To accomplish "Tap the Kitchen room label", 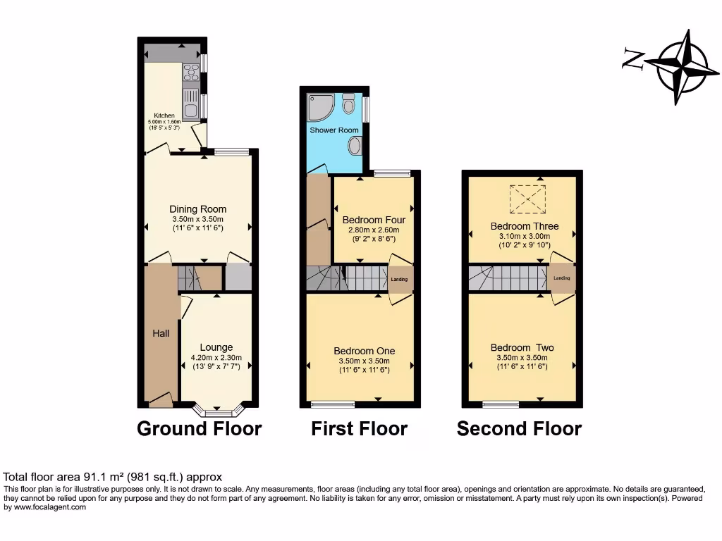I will click(x=164, y=116).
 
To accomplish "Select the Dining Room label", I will click(x=198, y=209).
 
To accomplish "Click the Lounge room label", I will click(x=216, y=347).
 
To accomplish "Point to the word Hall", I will click(x=161, y=333).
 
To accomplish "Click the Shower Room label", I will click(x=334, y=130).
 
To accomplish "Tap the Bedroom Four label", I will click(x=374, y=220).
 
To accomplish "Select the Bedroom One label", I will click(x=364, y=351).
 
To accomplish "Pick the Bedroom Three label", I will click(x=525, y=226).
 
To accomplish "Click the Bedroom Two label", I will click(x=522, y=347).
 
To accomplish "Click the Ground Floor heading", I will click(x=199, y=428).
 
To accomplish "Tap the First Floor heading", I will click(x=360, y=428).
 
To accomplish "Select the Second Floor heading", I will click(x=520, y=428).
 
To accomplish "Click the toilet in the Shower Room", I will click(x=348, y=106).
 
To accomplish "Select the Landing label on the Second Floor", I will click(x=562, y=278).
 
